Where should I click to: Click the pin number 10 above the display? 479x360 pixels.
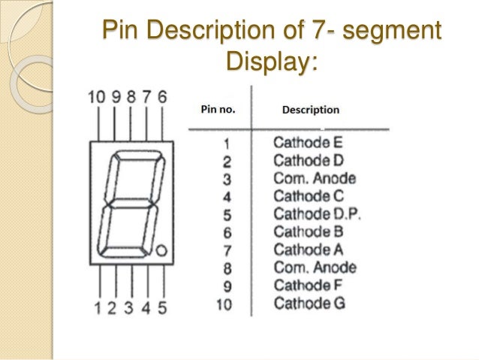96,97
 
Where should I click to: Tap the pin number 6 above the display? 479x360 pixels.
162,97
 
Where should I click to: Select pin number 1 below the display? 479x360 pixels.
97,307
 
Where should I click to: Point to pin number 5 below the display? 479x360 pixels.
162,307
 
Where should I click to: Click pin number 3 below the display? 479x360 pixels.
130,307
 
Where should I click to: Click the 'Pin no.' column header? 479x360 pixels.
218,109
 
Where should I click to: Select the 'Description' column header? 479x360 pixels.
310,110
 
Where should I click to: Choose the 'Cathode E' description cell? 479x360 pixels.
308,141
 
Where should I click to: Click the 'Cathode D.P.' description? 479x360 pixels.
317,213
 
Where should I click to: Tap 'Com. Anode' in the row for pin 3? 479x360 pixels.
315,178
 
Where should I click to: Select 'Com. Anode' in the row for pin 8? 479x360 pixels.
315,268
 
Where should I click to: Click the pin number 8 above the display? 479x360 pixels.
131,97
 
